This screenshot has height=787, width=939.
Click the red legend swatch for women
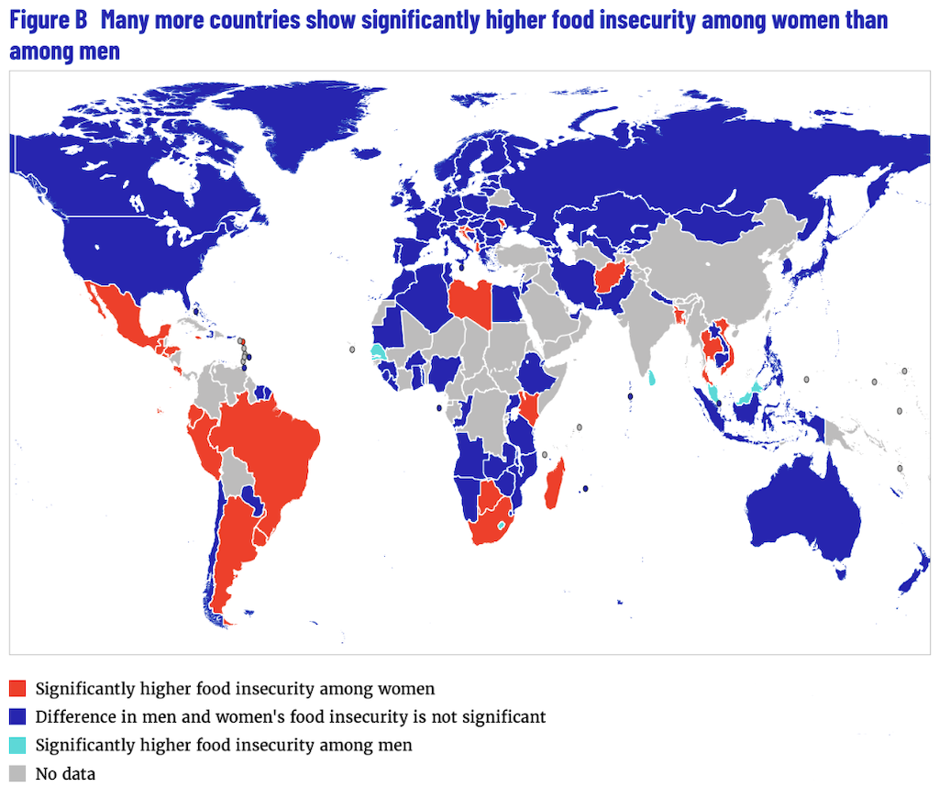(x=17, y=688)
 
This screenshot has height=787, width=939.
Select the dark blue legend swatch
(x=17, y=716)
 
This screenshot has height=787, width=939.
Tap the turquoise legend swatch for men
(x=17, y=745)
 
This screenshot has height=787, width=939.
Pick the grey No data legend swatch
(x=17, y=773)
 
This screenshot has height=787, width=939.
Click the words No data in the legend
(x=65, y=774)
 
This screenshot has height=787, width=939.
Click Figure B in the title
(x=48, y=20)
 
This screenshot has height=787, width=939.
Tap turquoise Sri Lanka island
(x=652, y=377)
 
